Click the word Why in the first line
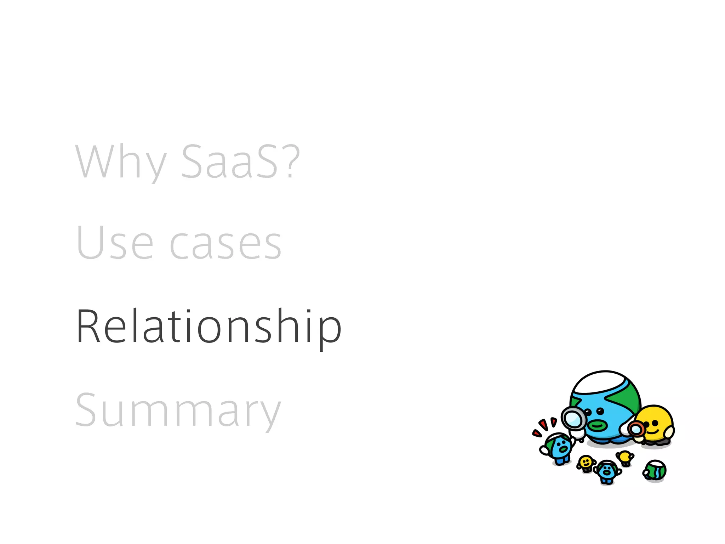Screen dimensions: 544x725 (120, 162)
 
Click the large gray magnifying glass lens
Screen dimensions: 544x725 (573, 419)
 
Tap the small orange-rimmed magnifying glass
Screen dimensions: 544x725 (636, 430)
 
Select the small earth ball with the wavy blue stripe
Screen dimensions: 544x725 (655, 471)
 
